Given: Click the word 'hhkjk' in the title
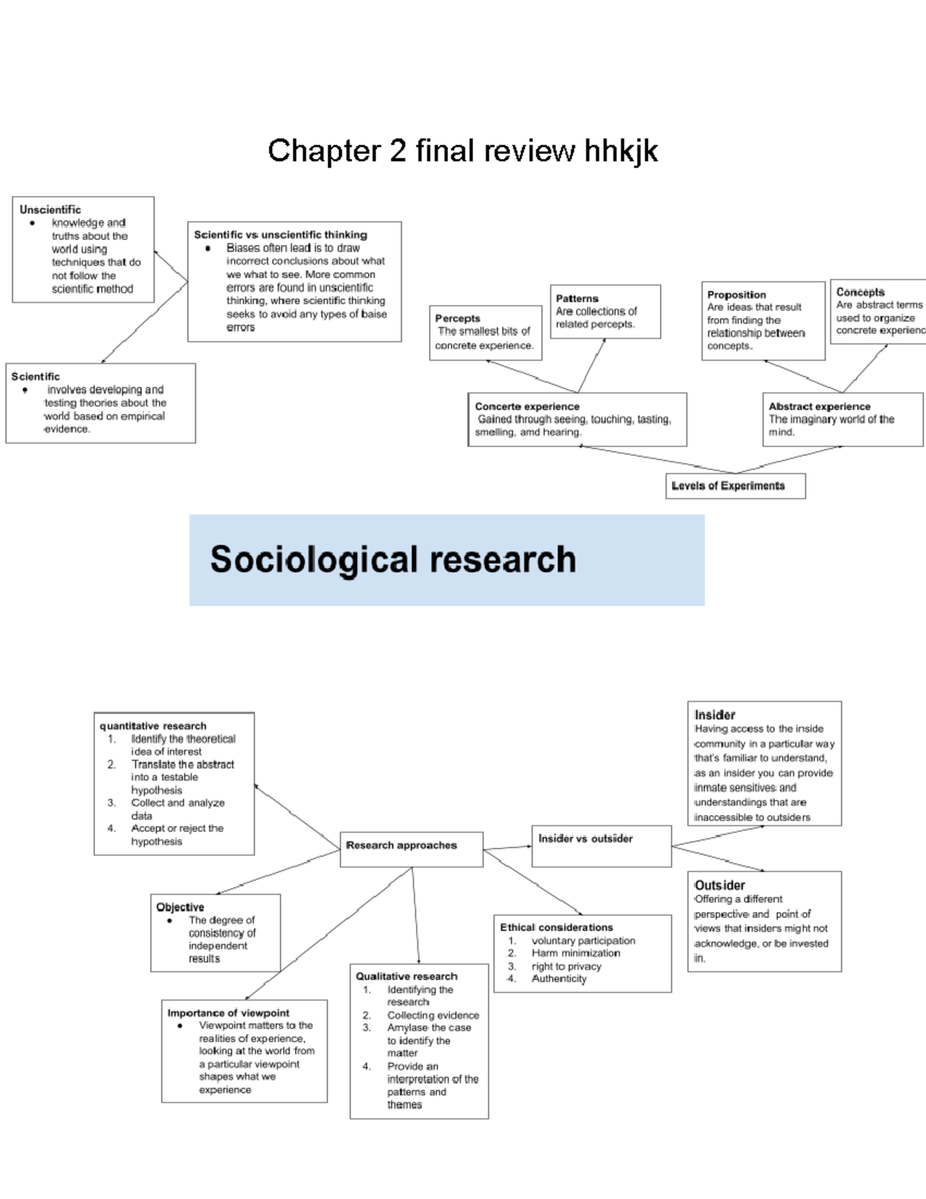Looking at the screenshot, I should click(x=620, y=151).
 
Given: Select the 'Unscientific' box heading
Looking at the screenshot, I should click(x=50, y=209).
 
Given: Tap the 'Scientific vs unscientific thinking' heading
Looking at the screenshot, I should click(x=280, y=235).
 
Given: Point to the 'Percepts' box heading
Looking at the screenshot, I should click(x=458, y=318).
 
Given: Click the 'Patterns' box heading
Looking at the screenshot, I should click(x=577, y=298).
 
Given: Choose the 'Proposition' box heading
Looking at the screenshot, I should click(x=736, y=294).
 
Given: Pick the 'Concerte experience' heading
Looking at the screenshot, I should click(x=527, y=406).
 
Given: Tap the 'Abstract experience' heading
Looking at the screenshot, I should click(x=820, y=406).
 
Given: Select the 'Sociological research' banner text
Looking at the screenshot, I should click(x=393, y=560).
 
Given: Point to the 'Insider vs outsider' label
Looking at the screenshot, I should click(x=585, y=838).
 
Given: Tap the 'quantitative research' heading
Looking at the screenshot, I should click(x=153, y=726).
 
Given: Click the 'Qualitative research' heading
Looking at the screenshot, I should click(x=407, y=976).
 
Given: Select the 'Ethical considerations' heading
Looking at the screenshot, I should click(x=556, y=927).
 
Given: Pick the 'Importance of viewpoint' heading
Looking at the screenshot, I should click(x=228, y=1012).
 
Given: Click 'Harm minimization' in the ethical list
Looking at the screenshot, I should click(x=576, y=953).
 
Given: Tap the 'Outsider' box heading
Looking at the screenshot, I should click(x=720, y=885).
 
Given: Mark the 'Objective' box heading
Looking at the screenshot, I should click(x=180, y=907).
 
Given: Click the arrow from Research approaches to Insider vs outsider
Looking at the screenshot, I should click(x=507, y=848).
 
